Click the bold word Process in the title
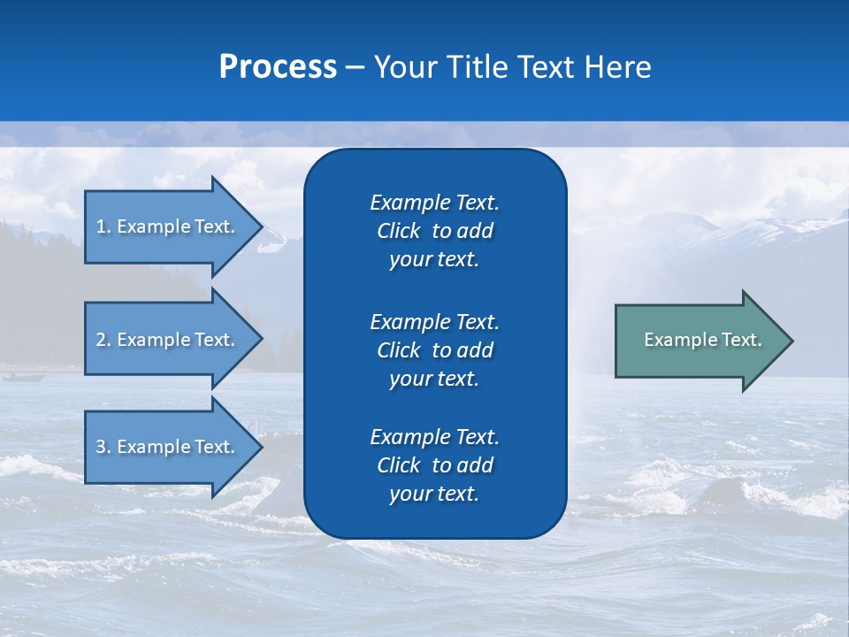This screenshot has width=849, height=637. [278, 67]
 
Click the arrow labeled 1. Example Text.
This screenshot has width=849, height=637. [168, 226]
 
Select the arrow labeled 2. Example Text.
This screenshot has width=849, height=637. [168, 339]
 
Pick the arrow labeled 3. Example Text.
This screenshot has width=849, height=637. [168, 447]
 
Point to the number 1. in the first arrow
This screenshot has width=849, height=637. [103, 226]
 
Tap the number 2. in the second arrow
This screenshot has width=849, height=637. [103, 340]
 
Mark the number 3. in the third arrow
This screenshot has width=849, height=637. [103, 448]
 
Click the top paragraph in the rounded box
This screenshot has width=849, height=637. [434, 231]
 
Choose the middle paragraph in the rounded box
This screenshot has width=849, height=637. [434, 350]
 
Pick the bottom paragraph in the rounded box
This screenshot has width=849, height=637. [434, 465]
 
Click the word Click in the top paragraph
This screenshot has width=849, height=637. [398, 232]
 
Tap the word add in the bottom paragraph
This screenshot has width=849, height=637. [476, 465]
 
